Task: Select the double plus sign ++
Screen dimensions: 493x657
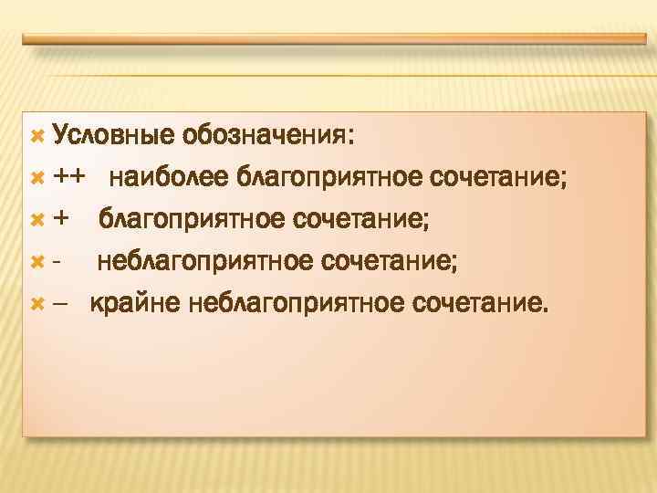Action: coord(70,177)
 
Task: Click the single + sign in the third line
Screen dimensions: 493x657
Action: coord(61,219)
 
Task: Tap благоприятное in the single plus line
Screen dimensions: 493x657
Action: coord(191,219)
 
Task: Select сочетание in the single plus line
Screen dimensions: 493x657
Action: coord(361,219)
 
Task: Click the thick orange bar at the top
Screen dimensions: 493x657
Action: coord(333,39)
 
